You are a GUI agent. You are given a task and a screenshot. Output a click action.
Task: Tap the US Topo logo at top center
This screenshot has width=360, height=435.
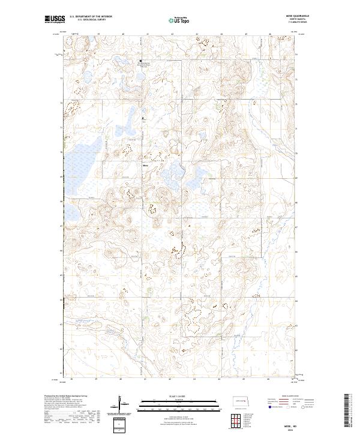pyautogui.click(x=179, y=20)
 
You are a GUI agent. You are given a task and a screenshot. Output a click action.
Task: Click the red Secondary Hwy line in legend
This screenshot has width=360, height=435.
pyautogui.click(x=282, y=402)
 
